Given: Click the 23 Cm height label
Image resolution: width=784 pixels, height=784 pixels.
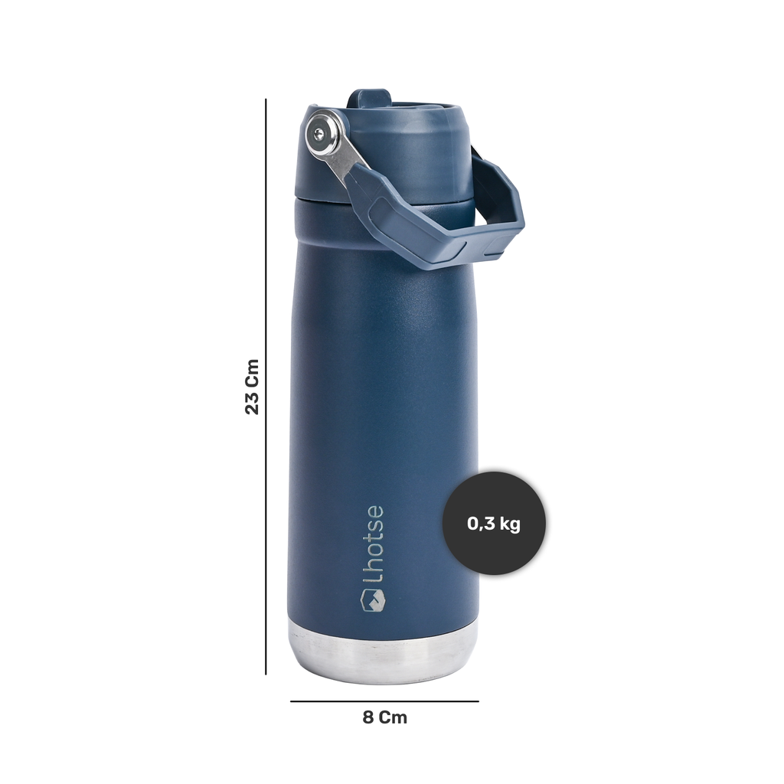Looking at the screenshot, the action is (x=253, y=387).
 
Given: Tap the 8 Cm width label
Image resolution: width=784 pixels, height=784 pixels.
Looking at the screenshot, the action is (x=384, y=717).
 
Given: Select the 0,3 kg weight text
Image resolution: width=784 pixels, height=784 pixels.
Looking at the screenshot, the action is (x=494, y=524).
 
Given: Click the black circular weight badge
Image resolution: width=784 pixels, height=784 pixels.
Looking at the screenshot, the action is (x=494, y=523).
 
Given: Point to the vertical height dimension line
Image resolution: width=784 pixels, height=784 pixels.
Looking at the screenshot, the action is (x=266, y=387).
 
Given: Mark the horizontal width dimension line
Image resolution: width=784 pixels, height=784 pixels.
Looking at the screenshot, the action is (x=384, y=701).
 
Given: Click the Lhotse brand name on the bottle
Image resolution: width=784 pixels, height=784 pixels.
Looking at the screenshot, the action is (x=374, y=544).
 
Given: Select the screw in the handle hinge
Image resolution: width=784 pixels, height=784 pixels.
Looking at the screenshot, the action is (x=319, y=133).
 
